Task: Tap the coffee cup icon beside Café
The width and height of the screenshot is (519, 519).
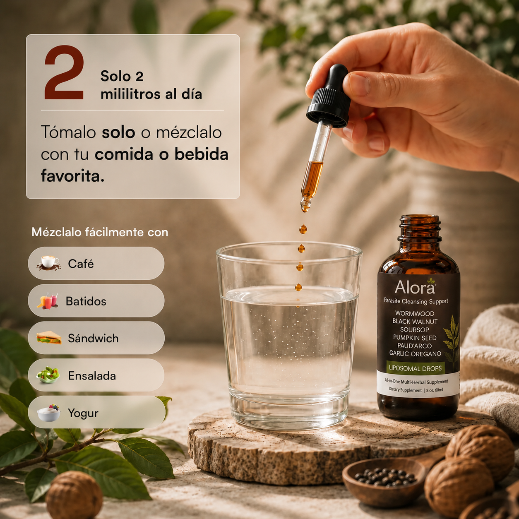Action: coord(49,263)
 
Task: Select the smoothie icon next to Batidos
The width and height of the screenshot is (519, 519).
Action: coord(48,300)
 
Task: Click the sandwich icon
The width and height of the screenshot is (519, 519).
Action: coord(49,338)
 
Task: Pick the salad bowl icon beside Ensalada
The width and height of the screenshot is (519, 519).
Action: coord(48,375)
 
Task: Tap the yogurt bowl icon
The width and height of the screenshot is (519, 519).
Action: coord(48,413)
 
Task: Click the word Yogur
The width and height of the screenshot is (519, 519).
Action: coord(83,413)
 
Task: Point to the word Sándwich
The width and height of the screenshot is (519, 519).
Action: coord(93,338)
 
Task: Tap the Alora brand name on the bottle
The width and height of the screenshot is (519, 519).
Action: coord(415,287)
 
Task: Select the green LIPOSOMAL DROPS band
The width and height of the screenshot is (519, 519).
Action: coord(415,368)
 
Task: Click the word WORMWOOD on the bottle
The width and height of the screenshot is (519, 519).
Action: coord(415,313)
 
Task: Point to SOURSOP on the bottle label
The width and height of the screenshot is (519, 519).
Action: coord(415,330)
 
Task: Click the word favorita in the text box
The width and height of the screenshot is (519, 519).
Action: coord(72,176)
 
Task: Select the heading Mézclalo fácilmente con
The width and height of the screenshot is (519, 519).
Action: coord(100,232)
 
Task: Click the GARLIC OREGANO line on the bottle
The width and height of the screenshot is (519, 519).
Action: coord(415,353)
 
